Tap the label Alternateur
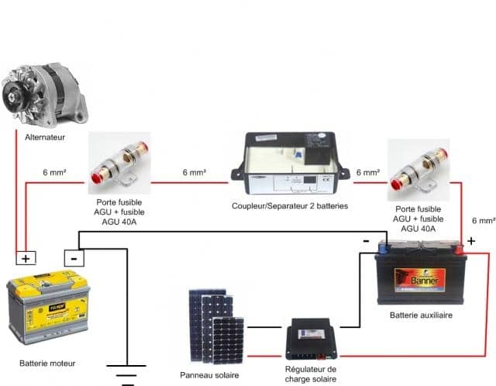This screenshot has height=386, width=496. [x=43, y=137]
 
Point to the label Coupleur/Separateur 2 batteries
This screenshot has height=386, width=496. [x=290, y=206]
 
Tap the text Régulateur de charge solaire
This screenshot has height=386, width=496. [x=310, y=374]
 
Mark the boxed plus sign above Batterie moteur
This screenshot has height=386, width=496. [x=26, y=258]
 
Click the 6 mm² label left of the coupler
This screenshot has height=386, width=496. [x=194, y=172]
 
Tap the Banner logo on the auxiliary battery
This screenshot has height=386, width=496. [x=421, y=276]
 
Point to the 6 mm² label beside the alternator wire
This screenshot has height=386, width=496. [x=56, y=172]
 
